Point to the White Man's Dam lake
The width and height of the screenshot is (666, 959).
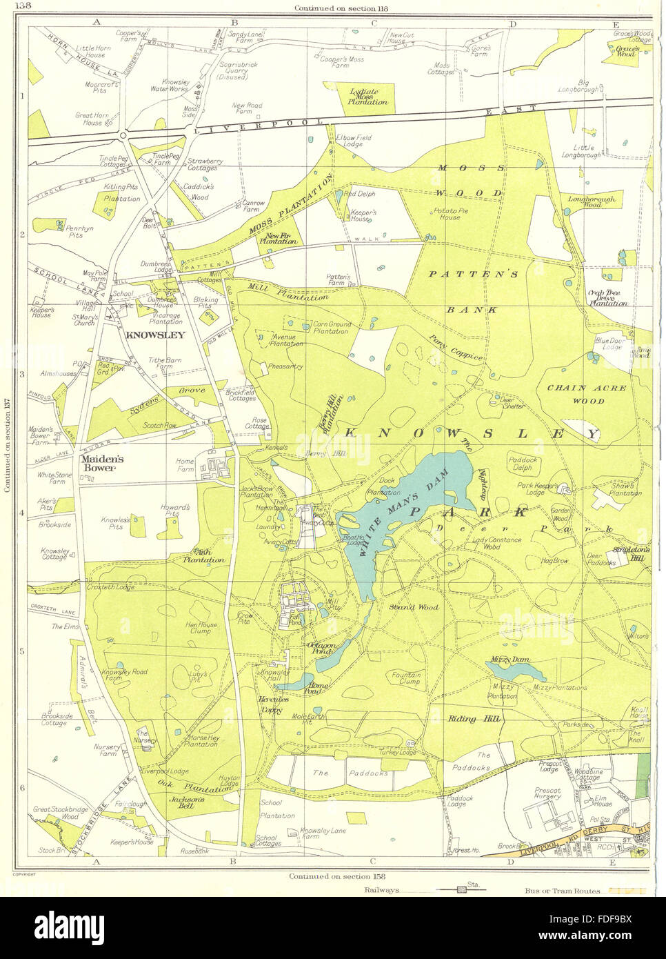[400, 511]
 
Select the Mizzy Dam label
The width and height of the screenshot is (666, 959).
[510, 660]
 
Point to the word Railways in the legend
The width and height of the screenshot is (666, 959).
[383, 891]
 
